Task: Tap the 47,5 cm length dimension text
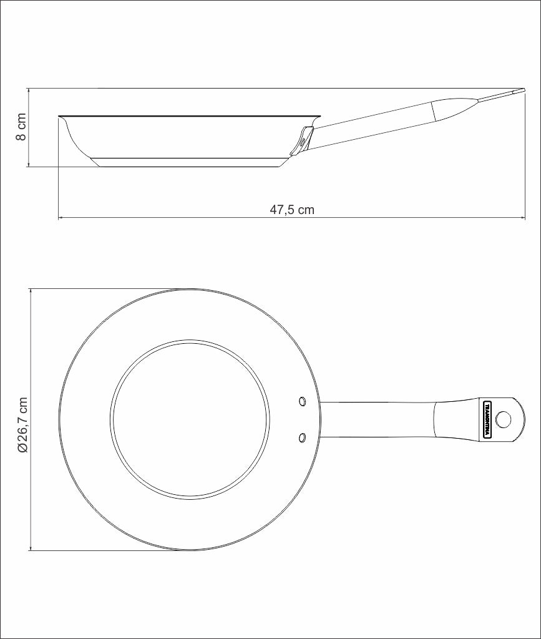pos(292,210)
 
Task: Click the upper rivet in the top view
pos(302,400)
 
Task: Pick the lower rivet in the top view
pos(302,437)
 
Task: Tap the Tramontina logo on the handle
pos(488,419)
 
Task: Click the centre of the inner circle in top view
pos(190,419)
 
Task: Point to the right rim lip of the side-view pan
pos(319,117)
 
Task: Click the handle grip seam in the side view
pos(432,112)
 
